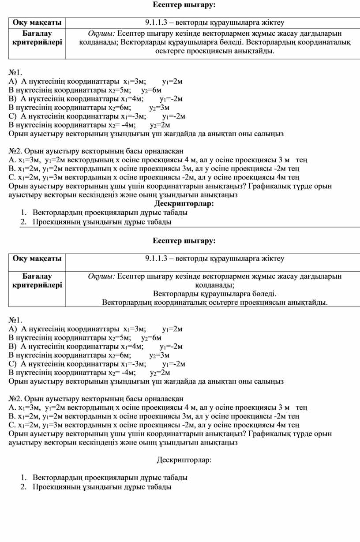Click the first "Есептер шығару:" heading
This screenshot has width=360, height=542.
pos(184,5)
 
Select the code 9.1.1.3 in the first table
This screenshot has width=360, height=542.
pos(159,22)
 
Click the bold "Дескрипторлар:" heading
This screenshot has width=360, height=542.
pos(184,203)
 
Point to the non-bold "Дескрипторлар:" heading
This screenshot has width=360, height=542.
pos(184,460)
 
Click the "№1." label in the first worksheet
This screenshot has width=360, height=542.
pos(15,72)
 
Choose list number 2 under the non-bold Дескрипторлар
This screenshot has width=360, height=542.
pos(24,487)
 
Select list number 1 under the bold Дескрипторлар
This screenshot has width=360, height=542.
pos(24,213)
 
